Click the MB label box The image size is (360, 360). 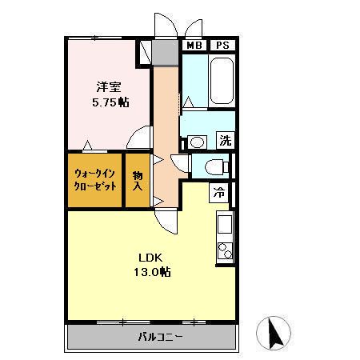(193, 46)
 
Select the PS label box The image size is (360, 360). (222, 46)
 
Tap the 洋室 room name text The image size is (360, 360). (110, 87)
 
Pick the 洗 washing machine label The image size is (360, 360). (226, 140)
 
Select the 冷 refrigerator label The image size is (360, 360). (218, 192)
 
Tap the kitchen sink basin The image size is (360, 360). (225, 222)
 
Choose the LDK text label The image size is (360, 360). (150, 258)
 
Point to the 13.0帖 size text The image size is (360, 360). (151, 272)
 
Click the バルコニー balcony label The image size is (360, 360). (160, 337)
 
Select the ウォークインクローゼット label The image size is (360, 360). (95, 179)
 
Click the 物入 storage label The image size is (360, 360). (137, 180)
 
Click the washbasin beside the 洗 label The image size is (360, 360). (197, 142)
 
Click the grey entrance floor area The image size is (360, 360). (166, 53)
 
